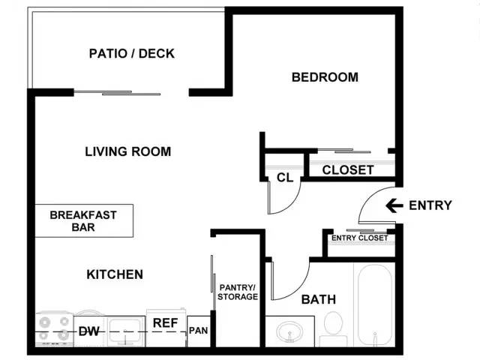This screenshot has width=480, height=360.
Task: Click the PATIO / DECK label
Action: coord(132,53)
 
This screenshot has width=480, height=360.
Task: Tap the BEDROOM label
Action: coord(325,77)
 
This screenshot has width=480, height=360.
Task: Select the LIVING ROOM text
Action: coord(128,151)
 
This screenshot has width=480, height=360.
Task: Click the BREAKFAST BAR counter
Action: coord(84,220)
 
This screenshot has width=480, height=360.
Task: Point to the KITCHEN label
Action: coord(115,274)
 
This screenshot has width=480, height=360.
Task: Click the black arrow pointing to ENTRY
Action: coord(394,205)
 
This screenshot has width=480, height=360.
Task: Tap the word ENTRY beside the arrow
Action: coord(430,205)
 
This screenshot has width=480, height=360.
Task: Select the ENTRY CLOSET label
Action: coord(360,238)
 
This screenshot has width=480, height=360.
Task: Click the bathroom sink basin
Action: coord(289,331)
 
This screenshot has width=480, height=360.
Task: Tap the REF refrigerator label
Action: coord(165,323)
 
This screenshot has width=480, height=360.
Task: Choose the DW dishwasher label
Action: coord(88,331)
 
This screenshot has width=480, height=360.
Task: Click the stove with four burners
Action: coord(54,329)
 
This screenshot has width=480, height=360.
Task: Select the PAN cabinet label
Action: coord(198,331)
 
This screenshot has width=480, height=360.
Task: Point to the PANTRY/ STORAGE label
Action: coord(238,292)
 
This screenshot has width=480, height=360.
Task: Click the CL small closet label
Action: coord(285,178)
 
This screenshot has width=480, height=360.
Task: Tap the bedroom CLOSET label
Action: coord(348,170)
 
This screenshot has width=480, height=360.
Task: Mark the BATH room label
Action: coord(319,299)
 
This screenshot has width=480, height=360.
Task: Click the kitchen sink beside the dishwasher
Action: coord(125,331)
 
